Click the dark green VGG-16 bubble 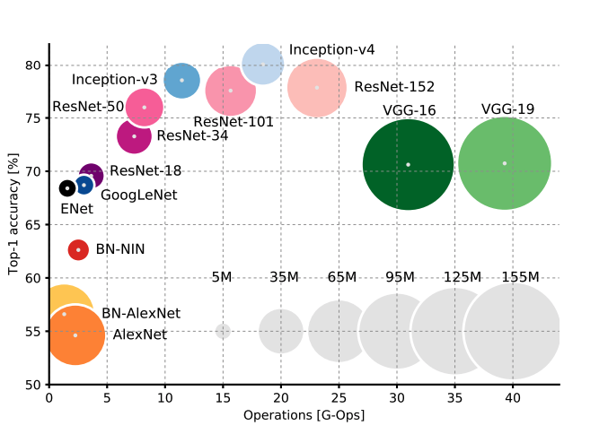point(408,164)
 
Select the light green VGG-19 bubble point(504,163)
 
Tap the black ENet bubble point(67,188)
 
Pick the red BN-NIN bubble point(78,249)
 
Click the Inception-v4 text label point(332,50)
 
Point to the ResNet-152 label point(394,87)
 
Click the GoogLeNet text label point(138,195)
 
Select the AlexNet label point(139,334)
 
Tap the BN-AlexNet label point(141,313)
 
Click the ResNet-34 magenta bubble point(134,136)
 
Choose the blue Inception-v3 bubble point(181,80)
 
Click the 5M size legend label point(222,277)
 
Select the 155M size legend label point(521,277)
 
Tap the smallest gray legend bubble point(223,331)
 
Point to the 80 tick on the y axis point(32,65)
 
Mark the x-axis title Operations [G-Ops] point(304,416)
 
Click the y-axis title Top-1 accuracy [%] point(13,215)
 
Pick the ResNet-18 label point(145,170)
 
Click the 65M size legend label point(342,277)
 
